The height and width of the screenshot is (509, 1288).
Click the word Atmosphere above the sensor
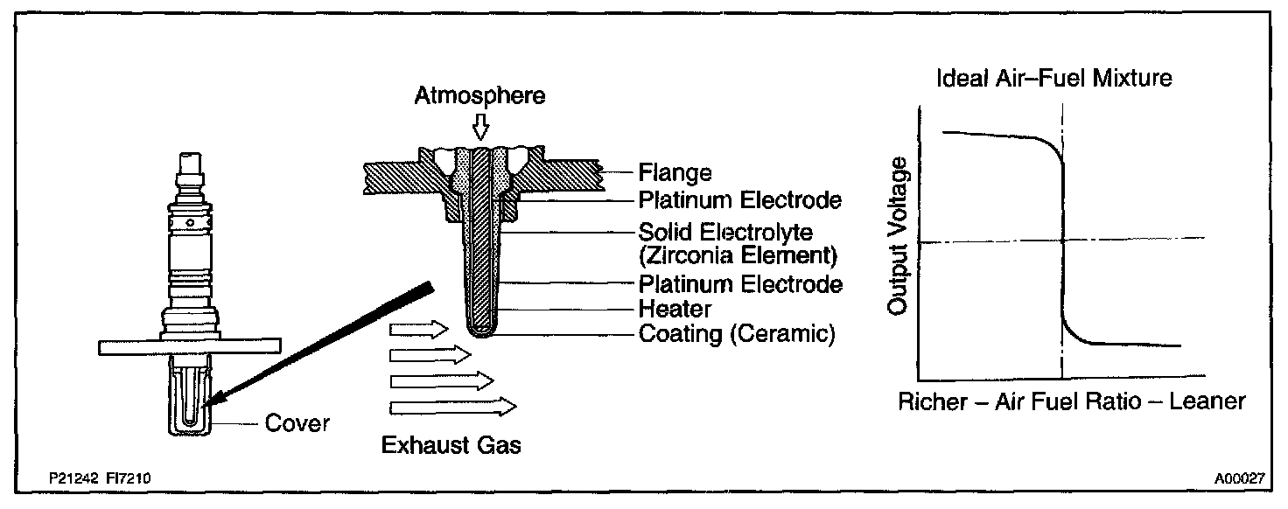(x=479, y=95)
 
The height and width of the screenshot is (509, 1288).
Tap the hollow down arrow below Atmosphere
(x=479, y=128)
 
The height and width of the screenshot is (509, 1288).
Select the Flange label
(x=675, y=172)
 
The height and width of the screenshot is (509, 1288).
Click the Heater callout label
(x=675, y=309)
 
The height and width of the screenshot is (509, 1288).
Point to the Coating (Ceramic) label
(x=737, y=334)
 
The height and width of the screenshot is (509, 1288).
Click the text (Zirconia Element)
(x=738, y=257)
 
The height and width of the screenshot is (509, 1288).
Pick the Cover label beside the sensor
(x=297, y=423)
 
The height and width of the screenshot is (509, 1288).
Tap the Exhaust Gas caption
(x=451, y=445)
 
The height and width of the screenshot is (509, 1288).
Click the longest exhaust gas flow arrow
(x=452, y=406)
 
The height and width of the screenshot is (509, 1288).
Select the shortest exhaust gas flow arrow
(x=418, y=329)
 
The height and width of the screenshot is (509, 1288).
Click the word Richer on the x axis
(x=930, y=402)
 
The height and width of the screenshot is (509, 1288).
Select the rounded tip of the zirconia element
(x=479, y=331)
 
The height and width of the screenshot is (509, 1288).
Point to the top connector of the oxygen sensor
(x=190, y=165)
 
